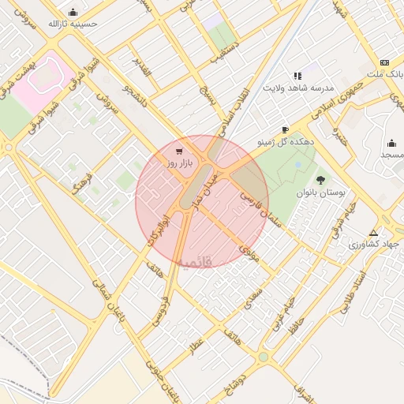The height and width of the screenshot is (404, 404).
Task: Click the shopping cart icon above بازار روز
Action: coord(180,151)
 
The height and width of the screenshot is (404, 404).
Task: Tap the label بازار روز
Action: coord(180,163)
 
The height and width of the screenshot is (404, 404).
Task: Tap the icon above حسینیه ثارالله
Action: coord(73,12)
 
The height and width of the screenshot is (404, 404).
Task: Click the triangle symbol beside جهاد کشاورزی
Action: coord(373,233)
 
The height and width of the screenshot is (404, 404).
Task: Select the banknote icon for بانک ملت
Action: coord(384,62)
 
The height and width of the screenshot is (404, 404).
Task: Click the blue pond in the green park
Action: coord(298,165)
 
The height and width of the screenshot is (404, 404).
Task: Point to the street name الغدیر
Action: coord(141,62)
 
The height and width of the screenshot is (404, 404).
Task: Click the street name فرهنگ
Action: coord(82,181)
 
